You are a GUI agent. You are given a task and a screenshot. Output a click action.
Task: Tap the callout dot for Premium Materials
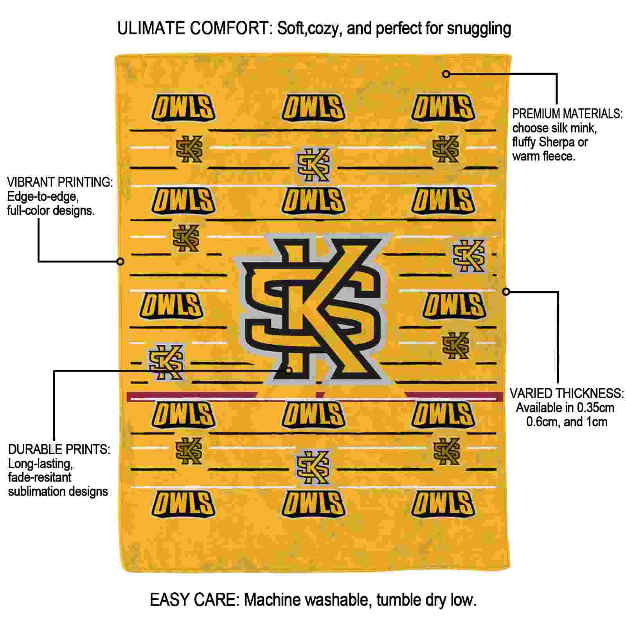coord(446,74)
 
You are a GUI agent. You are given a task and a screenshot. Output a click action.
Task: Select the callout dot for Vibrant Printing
coord(121,261)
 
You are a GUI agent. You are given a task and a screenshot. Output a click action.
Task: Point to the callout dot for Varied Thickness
coord(506,291)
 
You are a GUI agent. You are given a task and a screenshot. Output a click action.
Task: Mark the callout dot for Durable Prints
coord(289,370)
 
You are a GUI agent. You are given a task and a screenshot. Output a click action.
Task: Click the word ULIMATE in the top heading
coord(151,29)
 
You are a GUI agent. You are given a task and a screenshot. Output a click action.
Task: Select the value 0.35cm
coord(593,408)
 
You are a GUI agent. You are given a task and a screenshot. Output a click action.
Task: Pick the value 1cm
coord(597,422)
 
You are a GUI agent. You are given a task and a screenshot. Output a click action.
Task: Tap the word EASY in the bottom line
coord(168,600)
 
